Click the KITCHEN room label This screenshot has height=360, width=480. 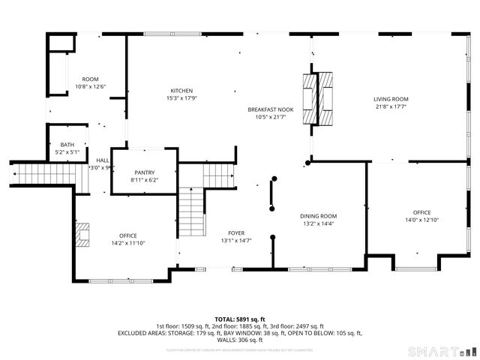click(x=181, y=91)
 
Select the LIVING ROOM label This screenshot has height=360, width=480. click(x=391, y=99)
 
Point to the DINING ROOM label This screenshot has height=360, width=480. click(x=319, y=215)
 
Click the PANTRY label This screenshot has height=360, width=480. click(x=144, y=172)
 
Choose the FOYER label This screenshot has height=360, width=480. click(x=236, y=233)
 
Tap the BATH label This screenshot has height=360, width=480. click(x=67, y=145)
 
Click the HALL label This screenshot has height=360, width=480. click(x=102, y=160)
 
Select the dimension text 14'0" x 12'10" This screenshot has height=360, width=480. click(x=421, y=220)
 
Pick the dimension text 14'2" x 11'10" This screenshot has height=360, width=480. click(x=128, y=243)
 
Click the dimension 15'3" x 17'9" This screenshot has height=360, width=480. click(x=181, y=98)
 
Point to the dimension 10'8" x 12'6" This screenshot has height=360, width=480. click(x=91, y=87)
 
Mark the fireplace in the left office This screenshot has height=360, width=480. click(x=84, y=234)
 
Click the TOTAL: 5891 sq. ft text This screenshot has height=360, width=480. click(x=240, y=319)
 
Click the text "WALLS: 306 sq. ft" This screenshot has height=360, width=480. click(x=240, y=340)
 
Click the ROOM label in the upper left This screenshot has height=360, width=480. click(x=91, y=79)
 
